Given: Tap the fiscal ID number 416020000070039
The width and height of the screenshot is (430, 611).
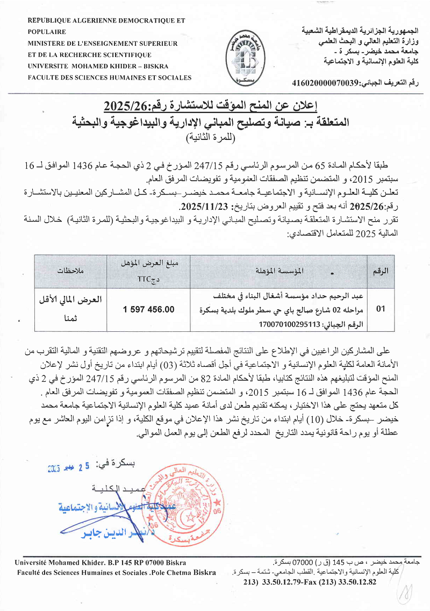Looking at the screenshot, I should click(325, 83).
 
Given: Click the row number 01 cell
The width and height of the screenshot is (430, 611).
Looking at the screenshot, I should click(381, 309).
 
